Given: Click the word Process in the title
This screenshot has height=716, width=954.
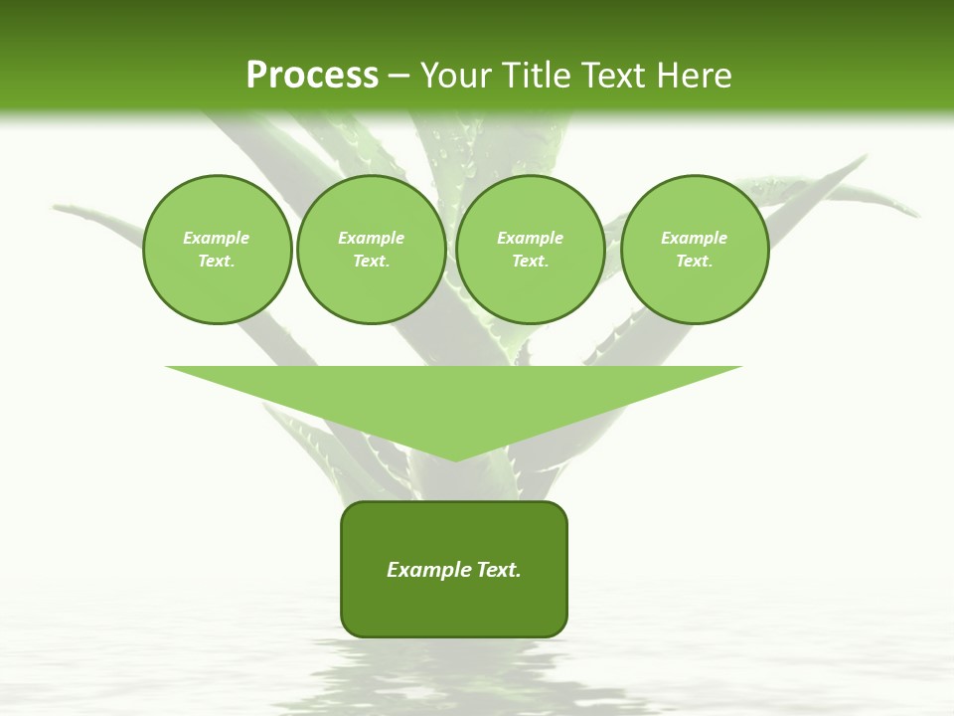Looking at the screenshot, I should click(312, 75).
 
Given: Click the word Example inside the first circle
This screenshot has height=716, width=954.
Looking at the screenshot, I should click(217, 238).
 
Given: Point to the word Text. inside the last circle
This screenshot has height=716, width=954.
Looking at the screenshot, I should click(694, 261).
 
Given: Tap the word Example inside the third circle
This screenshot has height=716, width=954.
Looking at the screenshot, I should click(530, 238).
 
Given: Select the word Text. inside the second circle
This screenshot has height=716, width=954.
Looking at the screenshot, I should click(371, 261).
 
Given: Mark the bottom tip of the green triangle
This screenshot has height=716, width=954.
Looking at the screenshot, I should click(454, 458).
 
